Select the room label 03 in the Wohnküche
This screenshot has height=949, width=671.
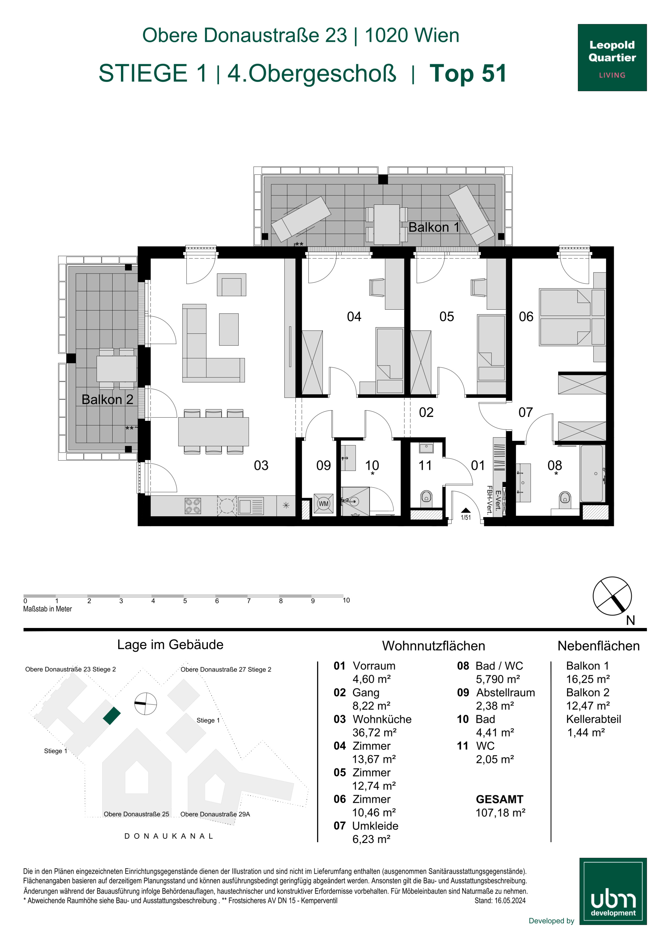click(x=261, y=465)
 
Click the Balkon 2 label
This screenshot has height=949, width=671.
click(x=107, y=399)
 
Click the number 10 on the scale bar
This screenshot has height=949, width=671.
click(x=346, y=600)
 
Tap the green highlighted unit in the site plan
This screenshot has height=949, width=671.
click(x=112, y=716)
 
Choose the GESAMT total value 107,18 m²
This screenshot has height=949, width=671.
click(x=500, y=813)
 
